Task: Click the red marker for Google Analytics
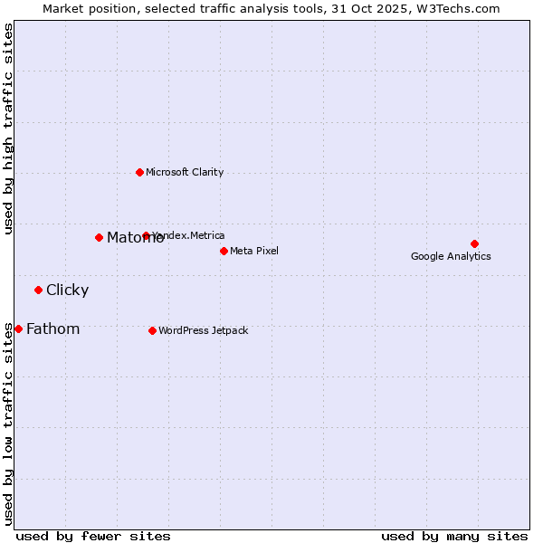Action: point(474,243)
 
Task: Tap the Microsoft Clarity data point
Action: point(139,172)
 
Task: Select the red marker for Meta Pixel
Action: point(224,251)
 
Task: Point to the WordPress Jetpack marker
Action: point(152,330)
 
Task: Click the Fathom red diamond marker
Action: point(18,329)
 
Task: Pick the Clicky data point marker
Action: point(38,290)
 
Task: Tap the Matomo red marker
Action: point(99,237)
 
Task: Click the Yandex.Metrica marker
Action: point(146,235)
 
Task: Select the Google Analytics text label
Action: point(451,256)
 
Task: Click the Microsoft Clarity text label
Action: point(185,172)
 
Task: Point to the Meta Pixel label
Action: point(254,251)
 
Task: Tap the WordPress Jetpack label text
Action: point(203,330)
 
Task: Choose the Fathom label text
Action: point(52,329)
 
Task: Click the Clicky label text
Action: point(67,290)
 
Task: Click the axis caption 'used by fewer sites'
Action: point(93,536)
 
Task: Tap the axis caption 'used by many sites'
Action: point(454,536)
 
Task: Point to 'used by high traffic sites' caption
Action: point(8,129)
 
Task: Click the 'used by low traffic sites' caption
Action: point(8,424)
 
